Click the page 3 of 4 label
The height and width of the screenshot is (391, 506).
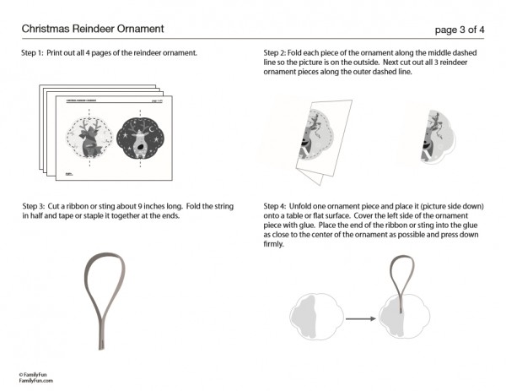tap(459, 30)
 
